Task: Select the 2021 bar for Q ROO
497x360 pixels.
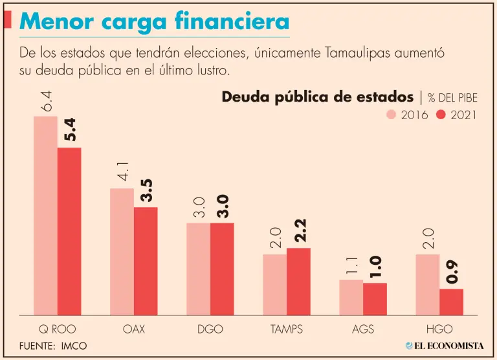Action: click(x=69, y=231)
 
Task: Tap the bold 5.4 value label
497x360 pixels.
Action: click(x=69, y=129)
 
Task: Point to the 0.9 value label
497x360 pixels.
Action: click(x=451, y=271)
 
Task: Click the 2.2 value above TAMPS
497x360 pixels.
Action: click(x=299, y=230)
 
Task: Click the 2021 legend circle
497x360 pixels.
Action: click(x=442, y=115)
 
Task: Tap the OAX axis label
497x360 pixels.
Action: click(x=134, y=329)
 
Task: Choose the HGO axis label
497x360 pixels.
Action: click(x=439, y=329)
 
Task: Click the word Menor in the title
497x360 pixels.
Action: click(x=52, y=21)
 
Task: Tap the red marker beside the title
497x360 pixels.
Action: click(x=7, y=20)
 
